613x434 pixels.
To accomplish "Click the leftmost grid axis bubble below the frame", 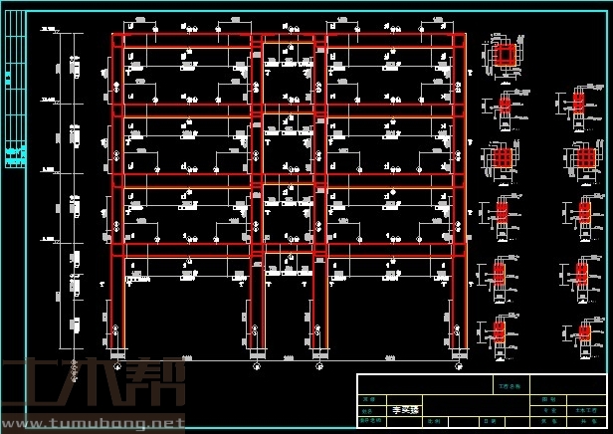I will click(x=117, y=366).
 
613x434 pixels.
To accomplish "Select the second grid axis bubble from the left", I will click(x=257, y=366).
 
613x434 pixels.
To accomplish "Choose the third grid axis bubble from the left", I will click(x=319, y=366).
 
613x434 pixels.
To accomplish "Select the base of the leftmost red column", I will click(x=117, y=348).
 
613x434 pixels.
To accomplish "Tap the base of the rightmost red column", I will click(x=460, y=348).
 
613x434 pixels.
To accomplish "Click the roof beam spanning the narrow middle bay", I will click(x=289, y=40).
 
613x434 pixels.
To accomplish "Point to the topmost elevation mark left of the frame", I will click(x=47, y=33).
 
